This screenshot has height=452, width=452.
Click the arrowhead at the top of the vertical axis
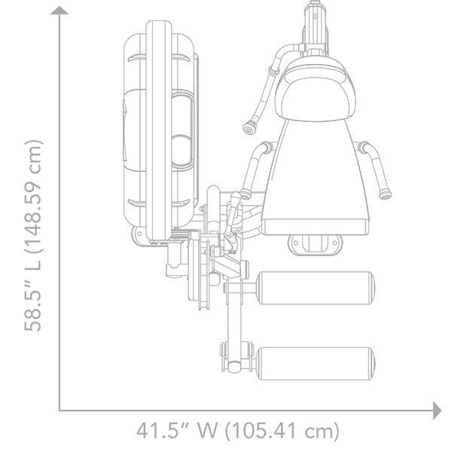point(60,11)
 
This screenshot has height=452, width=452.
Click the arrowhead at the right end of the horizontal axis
point(437,410)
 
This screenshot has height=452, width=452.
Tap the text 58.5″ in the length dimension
point(33,307)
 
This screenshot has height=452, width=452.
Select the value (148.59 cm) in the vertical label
point(33,197)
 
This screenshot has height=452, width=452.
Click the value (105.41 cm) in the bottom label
point(282,431)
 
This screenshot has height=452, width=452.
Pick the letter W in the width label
point(207,431)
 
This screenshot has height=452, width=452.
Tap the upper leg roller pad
point(316,288)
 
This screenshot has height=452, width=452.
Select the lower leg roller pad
point(316,364)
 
